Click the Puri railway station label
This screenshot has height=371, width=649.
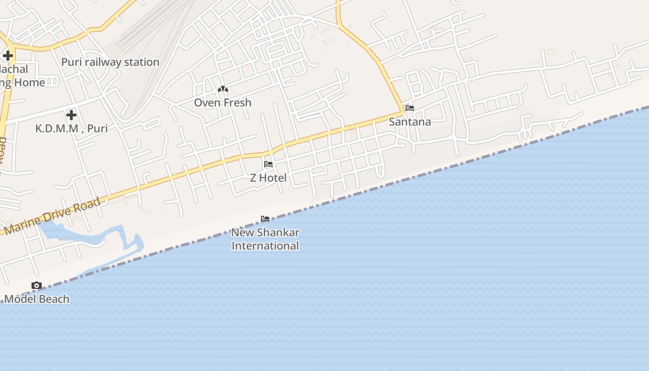click(110, 62)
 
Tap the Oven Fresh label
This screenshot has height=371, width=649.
click(223, 102)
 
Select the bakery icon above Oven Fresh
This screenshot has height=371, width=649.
click(223, 89)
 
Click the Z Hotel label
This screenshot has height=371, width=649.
click(268, 178)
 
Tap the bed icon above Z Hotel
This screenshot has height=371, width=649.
click(268, 164)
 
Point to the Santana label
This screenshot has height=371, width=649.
click(410, 122)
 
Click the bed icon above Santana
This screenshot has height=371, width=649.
click(410, 108)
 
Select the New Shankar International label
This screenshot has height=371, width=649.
click(265, 239)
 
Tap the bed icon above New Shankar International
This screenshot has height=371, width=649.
click(265, 218)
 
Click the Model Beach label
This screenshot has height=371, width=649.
click(37, 299)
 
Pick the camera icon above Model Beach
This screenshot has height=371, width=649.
click(37, 286)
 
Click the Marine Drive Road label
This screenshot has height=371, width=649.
click(52, 216)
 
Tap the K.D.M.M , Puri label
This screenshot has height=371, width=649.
click(71, 128)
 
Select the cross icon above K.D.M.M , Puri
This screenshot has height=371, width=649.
click(71, 115)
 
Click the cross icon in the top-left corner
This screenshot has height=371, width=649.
click(8, 56)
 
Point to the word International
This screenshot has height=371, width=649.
click(265, 246)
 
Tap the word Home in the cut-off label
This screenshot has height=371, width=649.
click(30, 83)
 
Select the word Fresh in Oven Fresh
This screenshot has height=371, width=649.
click(237, 102)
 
